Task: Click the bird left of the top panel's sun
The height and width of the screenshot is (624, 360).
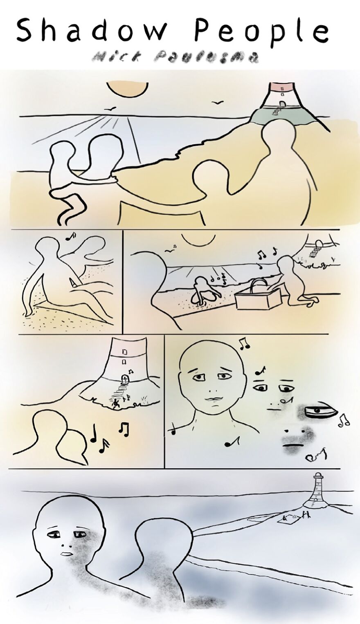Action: point(110,108)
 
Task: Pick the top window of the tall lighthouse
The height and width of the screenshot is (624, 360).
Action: point(124,351)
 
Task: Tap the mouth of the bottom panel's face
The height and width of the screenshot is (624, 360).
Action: point(65,554)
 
